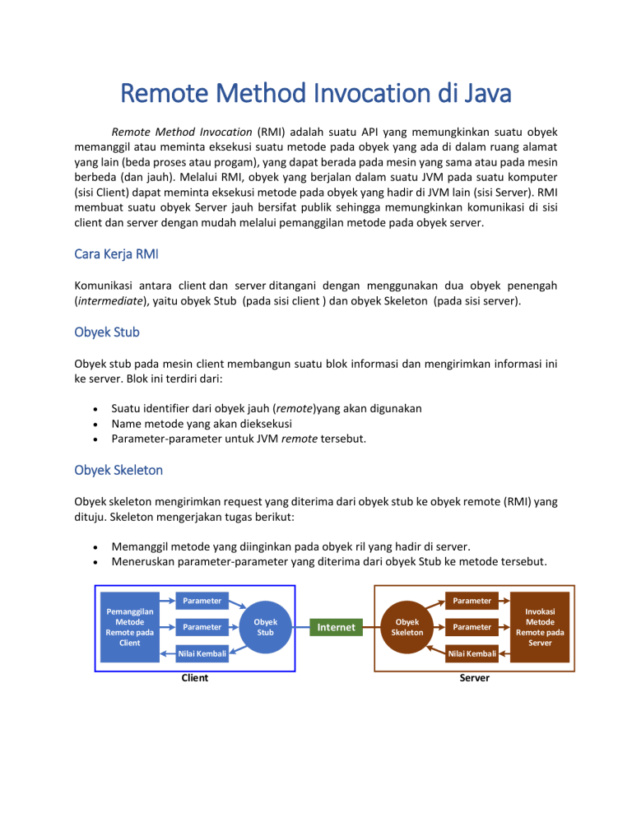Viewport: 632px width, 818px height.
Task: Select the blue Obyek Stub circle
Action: tap(265, 627)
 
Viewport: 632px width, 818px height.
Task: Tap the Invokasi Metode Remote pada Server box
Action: tap(540, 627)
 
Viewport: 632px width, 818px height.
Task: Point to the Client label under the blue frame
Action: tap(194, 678)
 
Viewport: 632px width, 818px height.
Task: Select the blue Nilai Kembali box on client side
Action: tap(202, 654)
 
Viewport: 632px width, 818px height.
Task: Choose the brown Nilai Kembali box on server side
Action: tap(471, 654)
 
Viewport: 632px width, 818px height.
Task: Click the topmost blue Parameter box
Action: tap(202, 600)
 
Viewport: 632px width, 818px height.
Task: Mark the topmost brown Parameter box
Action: tap(471, 600)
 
